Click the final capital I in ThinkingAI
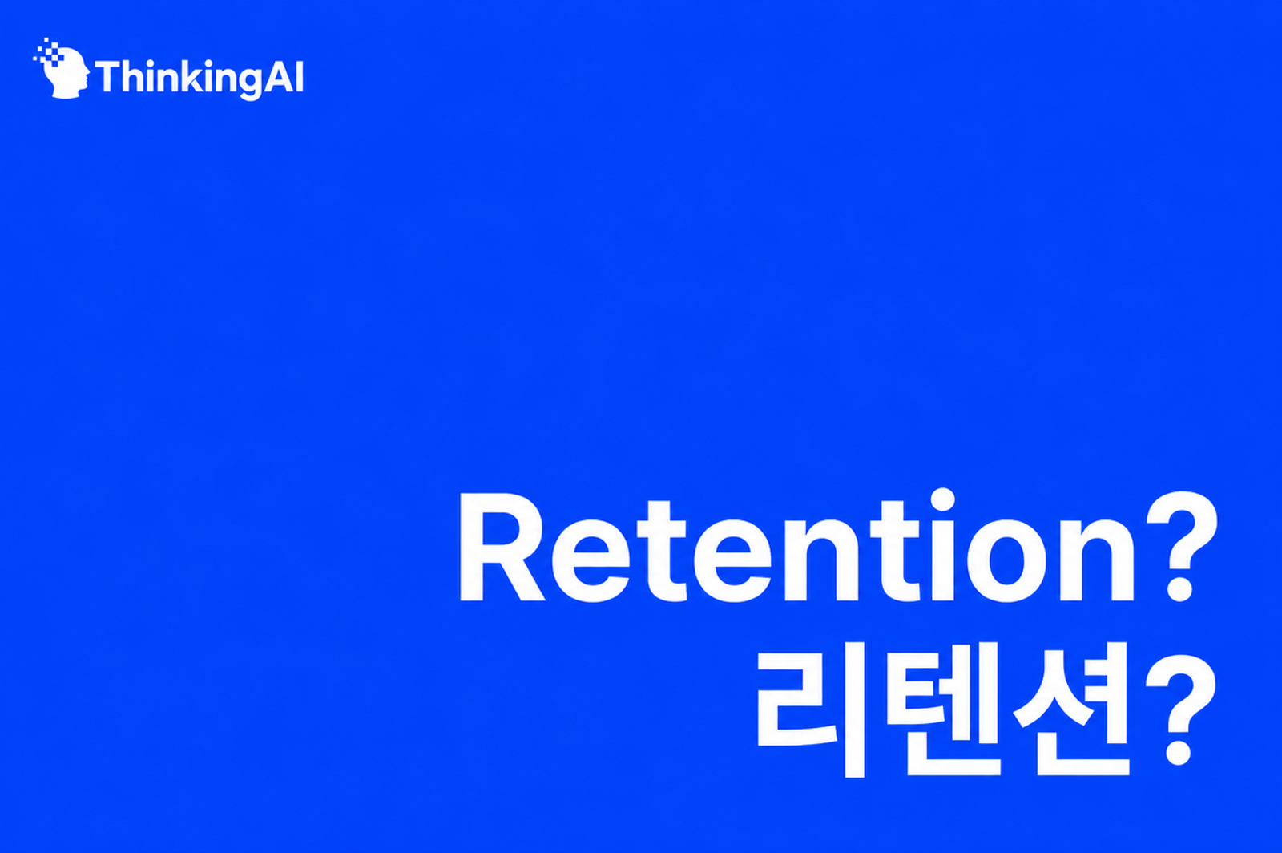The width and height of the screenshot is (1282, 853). pyautogui.click(x=300, y=76)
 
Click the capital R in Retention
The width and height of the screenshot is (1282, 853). pyautogui.click(x=502, y=546)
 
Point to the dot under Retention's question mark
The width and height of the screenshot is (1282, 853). pyautogui.click(x=1179, y=590)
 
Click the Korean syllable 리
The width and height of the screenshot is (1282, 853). pyautogui.click(x=811, y=710)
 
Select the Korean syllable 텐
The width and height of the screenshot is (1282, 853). pyautogui.click(x=944, y=709)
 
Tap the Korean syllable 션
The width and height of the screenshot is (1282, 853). pyautogui.click(x=1071, y=709)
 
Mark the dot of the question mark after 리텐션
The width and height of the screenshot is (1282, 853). pyautogui.click(x=1179, y=753)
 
